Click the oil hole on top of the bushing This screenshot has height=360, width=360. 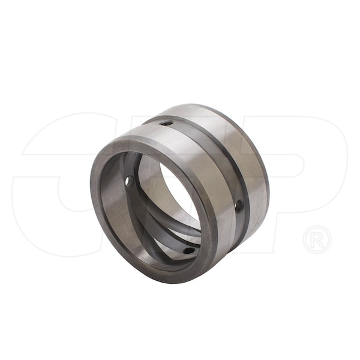167,124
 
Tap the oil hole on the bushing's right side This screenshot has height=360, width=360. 239,206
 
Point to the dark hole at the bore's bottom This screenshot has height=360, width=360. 188,250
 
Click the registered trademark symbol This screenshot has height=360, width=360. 317,239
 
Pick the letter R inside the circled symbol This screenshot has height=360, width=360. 317,239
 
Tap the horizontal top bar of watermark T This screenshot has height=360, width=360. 180,120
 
